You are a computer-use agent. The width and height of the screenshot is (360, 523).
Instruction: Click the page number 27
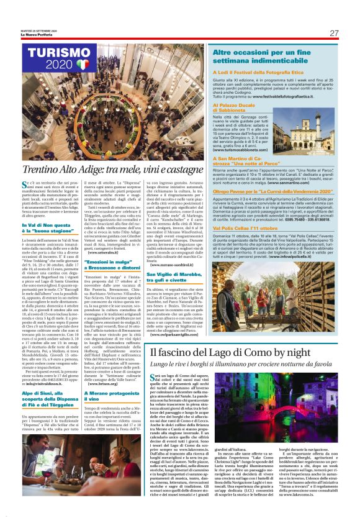coord(333,33)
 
